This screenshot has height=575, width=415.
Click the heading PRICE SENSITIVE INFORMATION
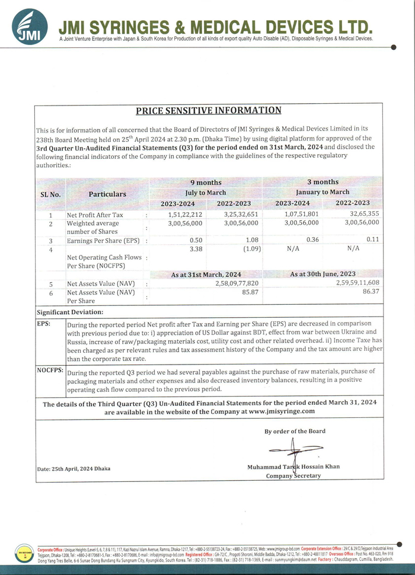208,110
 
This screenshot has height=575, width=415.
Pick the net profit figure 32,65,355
363,215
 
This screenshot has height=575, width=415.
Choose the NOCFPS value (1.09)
248,250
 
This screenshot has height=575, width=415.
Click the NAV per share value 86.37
371,292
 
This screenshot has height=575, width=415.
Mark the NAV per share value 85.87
250,292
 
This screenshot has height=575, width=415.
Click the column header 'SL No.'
50,194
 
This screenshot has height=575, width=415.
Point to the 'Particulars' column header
107,194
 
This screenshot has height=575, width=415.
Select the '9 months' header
205,183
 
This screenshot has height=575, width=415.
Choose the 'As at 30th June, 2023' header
323,274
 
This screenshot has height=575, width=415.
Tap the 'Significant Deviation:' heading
70,312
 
